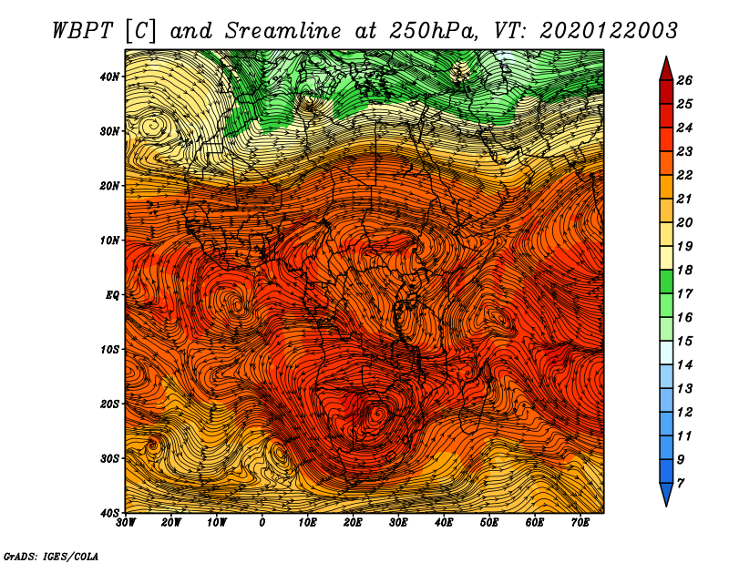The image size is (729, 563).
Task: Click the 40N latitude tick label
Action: pos(109,77)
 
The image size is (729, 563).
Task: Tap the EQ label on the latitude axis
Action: pos(112,295)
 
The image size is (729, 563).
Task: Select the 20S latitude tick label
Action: pos(109,404)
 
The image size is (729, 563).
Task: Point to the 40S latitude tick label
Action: pos(109,512)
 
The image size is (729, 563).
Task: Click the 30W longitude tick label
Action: pos(126,523)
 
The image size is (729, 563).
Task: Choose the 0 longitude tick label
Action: pos(262,523)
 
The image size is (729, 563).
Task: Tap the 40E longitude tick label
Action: pos(444,523)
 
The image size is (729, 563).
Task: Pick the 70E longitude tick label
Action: pos(580,523)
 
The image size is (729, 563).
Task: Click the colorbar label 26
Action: pos(684,80)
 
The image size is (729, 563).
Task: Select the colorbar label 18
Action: pos(684,270)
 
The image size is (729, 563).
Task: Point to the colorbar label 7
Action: pos(680,484)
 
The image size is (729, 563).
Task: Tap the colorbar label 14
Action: pos(684,365)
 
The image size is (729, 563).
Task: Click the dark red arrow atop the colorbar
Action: pos(666,69)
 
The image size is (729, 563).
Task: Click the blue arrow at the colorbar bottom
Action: pos(666,494)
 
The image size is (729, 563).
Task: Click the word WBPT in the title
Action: pos(82,31)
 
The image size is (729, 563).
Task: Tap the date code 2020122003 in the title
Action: pos(609,31)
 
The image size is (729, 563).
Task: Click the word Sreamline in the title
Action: pos(283,31)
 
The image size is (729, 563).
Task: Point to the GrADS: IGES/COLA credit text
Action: pos(51,557)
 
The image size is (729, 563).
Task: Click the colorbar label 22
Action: pos(684,175)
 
